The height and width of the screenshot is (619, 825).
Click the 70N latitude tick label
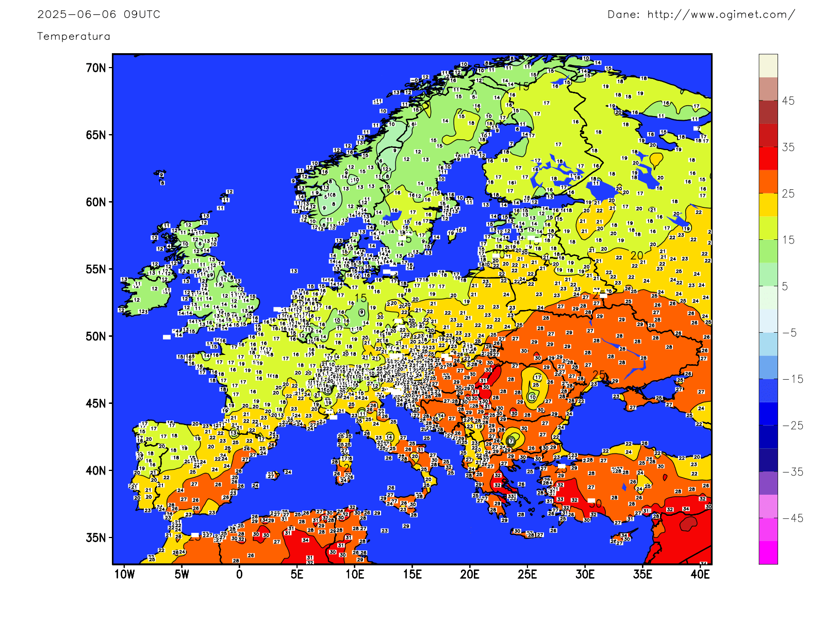point(96,68)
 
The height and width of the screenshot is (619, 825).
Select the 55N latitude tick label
point(96,269)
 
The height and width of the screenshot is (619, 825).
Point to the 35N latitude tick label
point(96,537)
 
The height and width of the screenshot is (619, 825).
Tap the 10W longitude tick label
point(124,575)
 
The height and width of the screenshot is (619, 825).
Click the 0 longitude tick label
point(239,575)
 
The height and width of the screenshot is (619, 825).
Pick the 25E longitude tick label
point(527,575)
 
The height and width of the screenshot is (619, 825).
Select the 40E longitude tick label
point(700,575)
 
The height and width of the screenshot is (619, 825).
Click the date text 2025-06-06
point(77,14)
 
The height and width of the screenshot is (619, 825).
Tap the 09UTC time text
point(142,14)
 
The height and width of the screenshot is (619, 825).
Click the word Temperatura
point(74,36)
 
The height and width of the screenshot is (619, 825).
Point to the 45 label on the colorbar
point(788,101)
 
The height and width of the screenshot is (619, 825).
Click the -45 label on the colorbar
point(793,518)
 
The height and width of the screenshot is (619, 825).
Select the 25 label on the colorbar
point(788,194)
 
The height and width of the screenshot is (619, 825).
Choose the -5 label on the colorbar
point(790,333)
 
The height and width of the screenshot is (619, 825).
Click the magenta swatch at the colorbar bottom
point(768,552)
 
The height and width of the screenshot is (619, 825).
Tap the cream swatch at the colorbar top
point(768,66)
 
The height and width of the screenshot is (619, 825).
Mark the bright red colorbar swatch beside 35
point(768,158)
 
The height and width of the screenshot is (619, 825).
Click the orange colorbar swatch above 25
point(768,182)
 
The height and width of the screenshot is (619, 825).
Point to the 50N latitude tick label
point(96,336)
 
